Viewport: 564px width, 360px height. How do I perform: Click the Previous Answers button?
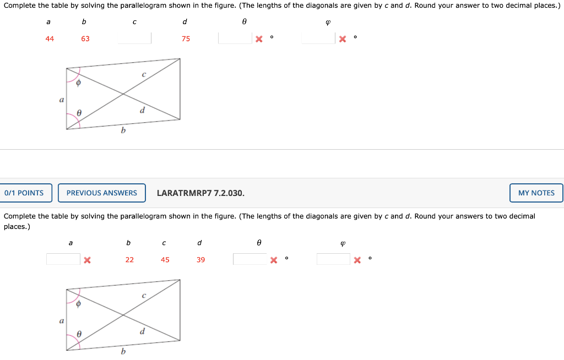(101, 193)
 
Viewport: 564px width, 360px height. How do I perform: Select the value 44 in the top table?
(50, 39)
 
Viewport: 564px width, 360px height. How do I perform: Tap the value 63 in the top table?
(85, 39)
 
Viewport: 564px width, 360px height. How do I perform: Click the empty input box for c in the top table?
(134, 38)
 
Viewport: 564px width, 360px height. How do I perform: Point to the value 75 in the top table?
(186, 39)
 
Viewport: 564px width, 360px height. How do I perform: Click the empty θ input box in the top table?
(235, 38)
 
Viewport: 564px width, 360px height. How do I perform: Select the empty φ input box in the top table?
(318, 38)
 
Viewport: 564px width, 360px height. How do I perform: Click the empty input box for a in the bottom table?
(63, 259)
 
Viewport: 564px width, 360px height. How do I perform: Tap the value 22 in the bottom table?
(129, 259)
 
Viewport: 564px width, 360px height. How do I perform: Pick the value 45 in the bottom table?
(165, 259)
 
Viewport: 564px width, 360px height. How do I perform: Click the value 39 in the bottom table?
(200, 259)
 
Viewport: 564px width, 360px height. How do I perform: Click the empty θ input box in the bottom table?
(250, 259)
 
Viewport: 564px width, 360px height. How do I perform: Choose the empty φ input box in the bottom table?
(333, 259)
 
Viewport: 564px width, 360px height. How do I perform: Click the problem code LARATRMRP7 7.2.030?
(200, 193)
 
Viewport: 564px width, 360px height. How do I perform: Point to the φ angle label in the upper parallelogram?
(78, 83)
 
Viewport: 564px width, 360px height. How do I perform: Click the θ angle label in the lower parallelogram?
(79, 333)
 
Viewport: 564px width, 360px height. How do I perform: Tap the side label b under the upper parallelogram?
(123, 130)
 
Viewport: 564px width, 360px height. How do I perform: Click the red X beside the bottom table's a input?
(86, 259)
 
